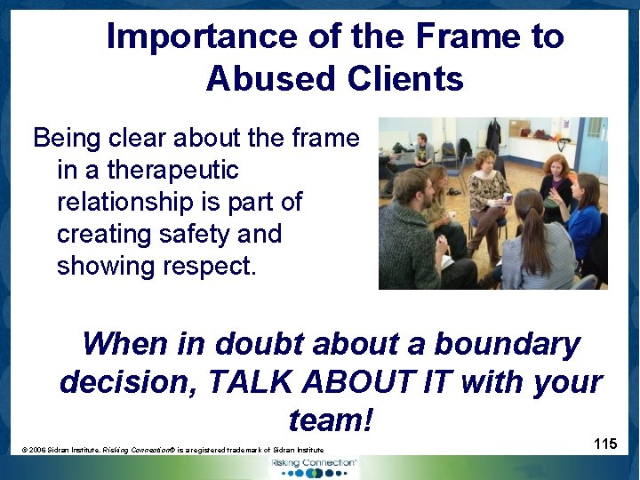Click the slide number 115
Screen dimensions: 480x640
click(x=605, y=443)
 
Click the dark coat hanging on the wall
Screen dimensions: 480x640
click(x=493, y=136)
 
